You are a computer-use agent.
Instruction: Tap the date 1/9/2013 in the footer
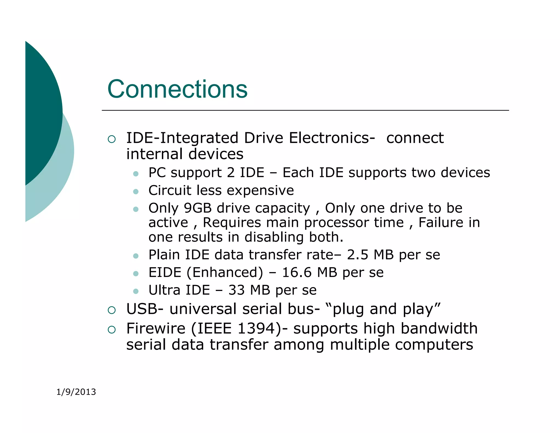pos(76,392)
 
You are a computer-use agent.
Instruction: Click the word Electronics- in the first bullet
pos(332,138)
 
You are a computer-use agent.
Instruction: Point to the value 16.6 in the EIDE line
pos(297,272)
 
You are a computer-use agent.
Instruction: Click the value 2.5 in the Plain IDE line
pos(358,255)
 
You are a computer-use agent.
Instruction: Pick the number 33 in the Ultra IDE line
pos(237,290)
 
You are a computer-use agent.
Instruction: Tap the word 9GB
pos(198,208)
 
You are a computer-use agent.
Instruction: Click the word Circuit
pos(170,190)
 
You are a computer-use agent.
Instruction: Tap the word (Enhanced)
pos(225,272)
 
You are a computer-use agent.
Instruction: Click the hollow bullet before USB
pos(112,310)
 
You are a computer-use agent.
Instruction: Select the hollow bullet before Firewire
pos(112,330)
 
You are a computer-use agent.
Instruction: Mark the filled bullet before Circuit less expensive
pos(136,191)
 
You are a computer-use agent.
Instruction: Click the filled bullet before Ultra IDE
pos(136,291)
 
